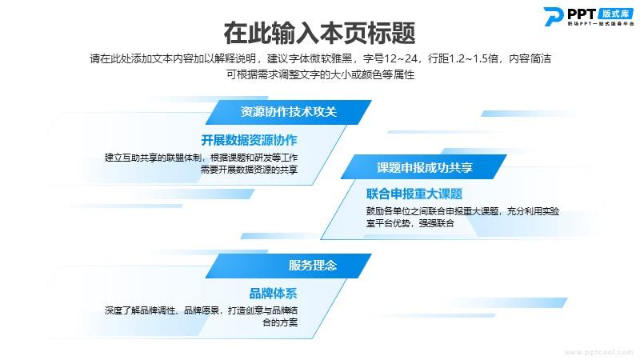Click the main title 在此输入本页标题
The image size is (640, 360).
pyautogui.click(x=319, y=33)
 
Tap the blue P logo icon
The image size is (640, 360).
pyautogui.click(x=554, y=17)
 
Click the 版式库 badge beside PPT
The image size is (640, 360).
pyautogui.click(x=615, y=14)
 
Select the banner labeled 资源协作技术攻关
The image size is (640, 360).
pyautogui.click(x=289, y=112)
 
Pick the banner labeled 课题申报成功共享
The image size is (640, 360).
pyautogui.click(x=424, y=167)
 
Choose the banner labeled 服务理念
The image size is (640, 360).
pyautogui.click(x=289, y=266)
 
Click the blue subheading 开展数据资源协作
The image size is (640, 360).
pyautogui.click(x=249, y=140)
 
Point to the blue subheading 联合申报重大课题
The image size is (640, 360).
pyautogui.click(x=414, y=194)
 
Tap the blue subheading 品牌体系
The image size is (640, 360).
pyautogui.click(x=273, y=293)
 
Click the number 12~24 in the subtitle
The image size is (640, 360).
pyautogui.click(x=400, y=58)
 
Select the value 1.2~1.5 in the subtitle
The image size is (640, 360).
pyautogui.click(x=473, y=58)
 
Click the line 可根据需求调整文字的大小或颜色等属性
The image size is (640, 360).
pyautogui.click(x=321, y=74)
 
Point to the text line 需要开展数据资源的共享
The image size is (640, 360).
pyautogui.click(x=249, y=170)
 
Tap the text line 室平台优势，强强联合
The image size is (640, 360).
pyautogui.click(x=410, y=223)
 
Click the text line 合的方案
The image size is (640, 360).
pyautogui.click(x=279, y=322)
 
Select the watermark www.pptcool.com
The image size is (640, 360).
pyautogui.click(x=598, y=352)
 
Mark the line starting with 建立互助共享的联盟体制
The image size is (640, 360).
pyautogui.click(x=201, y=158)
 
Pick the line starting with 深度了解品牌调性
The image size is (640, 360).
pyautogui.click(x=201, y=310)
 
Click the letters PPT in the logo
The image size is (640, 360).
pyautogui.click(x=582, y=14)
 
